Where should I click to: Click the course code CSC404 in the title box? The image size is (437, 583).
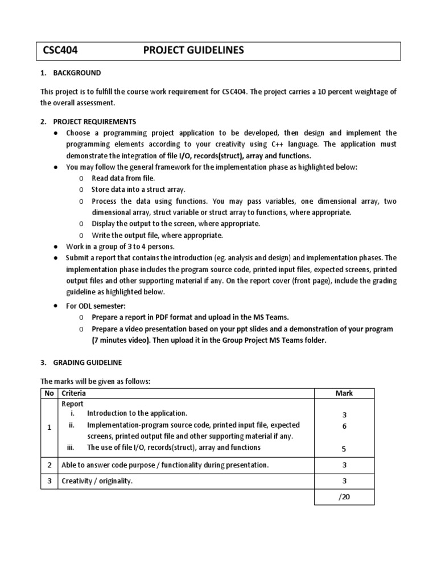60,51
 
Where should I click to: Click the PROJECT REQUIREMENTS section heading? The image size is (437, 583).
94,121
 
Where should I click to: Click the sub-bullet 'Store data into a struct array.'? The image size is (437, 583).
138,190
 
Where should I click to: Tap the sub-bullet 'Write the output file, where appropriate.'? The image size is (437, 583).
157,235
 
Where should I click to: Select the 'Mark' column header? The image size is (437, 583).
344,393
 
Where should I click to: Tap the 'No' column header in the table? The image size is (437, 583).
49,393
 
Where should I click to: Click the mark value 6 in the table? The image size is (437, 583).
344,426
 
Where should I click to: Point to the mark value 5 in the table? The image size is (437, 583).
344,449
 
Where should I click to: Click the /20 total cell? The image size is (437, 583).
344,496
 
